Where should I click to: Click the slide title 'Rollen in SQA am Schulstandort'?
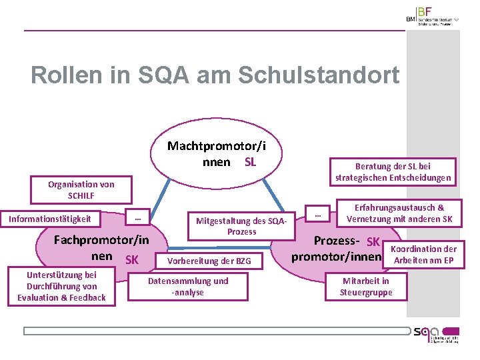coord(215,75)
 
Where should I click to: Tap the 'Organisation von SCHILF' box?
coord(81,190)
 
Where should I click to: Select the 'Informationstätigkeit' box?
coord(50,219)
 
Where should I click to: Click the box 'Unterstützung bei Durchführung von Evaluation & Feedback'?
coord(61,287)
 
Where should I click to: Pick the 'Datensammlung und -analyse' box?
coord(188,287)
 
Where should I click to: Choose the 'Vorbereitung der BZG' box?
coord(209,261)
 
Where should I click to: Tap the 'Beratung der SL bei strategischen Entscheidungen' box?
coord(393,172)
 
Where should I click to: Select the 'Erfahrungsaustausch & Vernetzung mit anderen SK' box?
coord(399,213)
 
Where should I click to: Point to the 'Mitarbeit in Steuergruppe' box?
coord(366,286)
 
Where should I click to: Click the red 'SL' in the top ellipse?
coord(250,162)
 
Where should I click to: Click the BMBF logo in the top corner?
coord(433,16)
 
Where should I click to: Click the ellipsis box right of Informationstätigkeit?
coord(137,218)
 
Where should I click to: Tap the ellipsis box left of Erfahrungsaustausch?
coord(318,215)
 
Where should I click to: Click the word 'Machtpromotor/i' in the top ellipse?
coord(215,146)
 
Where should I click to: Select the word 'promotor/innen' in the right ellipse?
coord(336,257)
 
